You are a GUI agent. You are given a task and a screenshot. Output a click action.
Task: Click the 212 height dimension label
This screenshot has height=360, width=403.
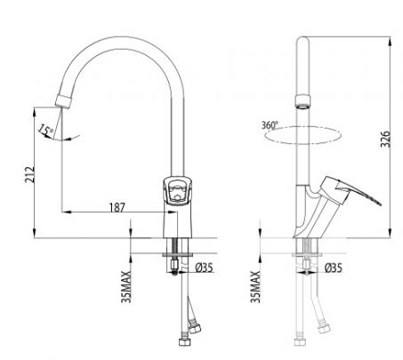point(29,174)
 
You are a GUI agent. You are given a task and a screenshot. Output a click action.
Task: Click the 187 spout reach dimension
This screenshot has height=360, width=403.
point(117,207)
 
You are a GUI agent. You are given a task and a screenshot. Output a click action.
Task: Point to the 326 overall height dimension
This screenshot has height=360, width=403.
point(385,139)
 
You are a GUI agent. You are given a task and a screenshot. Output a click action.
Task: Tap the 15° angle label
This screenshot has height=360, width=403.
point(46,131)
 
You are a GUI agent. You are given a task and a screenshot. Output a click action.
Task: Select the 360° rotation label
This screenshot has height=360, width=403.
point(270,125)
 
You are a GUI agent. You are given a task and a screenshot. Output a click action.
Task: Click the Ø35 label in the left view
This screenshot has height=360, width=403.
point(204,268)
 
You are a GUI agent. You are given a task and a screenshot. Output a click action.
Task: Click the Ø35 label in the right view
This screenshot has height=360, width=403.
point(333,268)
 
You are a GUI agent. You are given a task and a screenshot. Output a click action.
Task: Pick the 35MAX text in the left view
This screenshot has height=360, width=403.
point(126,286)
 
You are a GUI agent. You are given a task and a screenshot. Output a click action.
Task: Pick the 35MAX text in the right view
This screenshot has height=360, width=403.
point(255,286)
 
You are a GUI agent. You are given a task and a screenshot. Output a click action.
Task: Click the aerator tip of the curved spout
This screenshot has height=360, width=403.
point(63,100)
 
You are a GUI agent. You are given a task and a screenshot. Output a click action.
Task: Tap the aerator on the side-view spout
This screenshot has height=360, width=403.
point(302,101)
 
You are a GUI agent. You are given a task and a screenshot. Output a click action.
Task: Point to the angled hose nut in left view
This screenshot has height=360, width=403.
point(195,328)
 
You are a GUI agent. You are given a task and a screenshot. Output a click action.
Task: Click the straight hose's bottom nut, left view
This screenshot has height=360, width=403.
point(183,341)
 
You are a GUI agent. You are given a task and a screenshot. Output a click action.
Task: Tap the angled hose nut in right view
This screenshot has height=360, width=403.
point(323,329)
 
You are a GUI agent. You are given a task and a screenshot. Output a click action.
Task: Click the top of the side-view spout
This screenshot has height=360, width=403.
point(302,38)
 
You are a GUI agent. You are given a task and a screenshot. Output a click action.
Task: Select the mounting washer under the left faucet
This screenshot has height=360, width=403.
point(178,254)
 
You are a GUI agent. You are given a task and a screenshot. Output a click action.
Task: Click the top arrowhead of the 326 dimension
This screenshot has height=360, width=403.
point(390,42)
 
